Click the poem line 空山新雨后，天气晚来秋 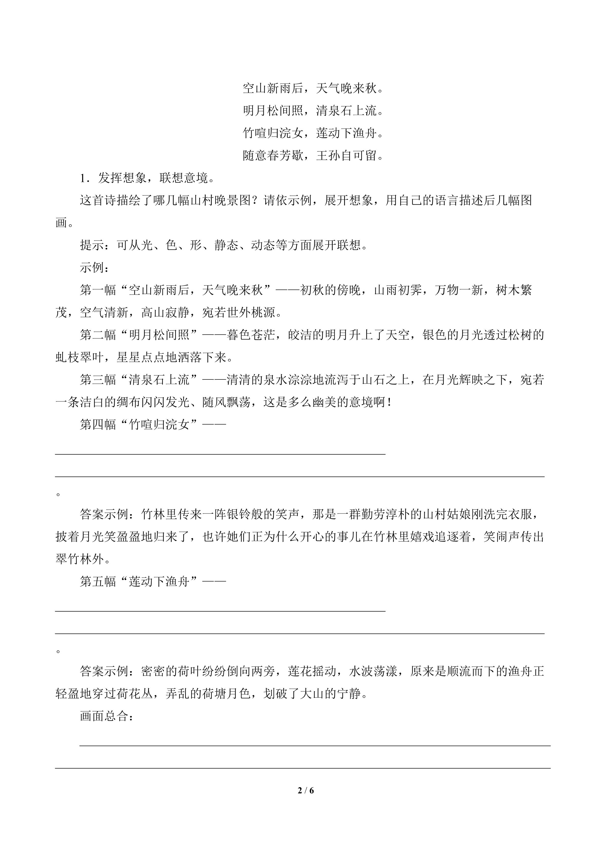313,89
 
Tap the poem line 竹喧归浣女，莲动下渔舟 313,133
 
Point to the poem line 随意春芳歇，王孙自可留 313,155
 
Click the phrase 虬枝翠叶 80,358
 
